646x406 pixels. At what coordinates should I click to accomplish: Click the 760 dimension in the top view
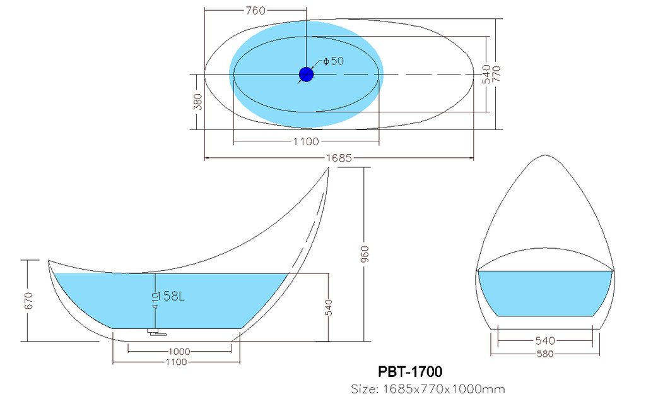(255, 10)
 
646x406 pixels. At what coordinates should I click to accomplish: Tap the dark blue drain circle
(306, 75)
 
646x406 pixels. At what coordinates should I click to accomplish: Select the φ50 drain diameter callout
(333, 61)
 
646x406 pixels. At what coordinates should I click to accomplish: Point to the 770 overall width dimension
(497, 75)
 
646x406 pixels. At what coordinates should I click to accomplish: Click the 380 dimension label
(198, 102)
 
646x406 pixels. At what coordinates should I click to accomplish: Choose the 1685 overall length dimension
(339, 158)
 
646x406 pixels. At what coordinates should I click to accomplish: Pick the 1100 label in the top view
(306, 142)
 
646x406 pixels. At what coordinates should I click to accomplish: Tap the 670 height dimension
(28, 301)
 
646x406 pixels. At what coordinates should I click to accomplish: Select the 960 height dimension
(365, 254)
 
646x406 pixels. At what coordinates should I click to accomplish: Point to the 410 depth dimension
(155, 301)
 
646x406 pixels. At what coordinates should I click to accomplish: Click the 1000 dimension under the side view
(180, 352)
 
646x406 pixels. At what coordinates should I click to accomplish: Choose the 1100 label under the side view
(177, 362)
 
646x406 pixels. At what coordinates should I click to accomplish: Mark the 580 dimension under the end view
(545, 354)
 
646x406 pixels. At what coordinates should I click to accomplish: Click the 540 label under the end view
(545, 340)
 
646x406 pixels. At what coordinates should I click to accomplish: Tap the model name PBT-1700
(410, 372)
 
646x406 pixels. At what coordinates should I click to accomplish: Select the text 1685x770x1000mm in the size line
(444, 389)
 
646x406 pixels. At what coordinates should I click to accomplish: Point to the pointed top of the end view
(546, 155)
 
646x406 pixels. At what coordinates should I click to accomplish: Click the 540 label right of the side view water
(328, 307)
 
